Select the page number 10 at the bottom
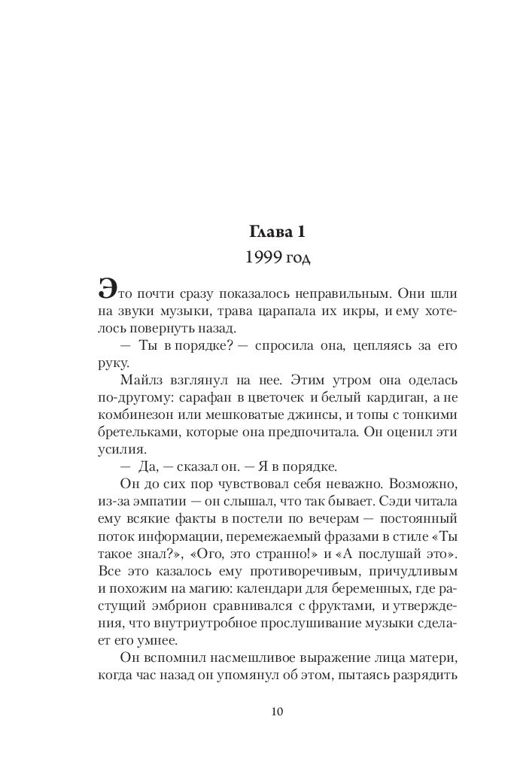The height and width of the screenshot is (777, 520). pyautogui.click(x=276, y=711)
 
